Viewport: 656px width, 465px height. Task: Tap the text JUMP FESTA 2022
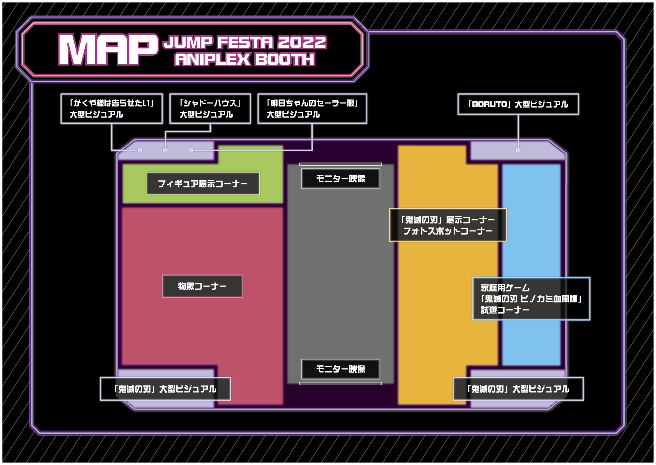coord(245,42)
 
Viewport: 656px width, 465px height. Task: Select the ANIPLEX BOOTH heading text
coord(245,60)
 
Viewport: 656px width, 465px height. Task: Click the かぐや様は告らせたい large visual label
coord(112,108)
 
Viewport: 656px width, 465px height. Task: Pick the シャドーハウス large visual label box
coord(210,108)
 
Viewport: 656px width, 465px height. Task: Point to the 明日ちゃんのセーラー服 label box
coord(312,108)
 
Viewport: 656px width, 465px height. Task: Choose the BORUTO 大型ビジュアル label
coord(518,104)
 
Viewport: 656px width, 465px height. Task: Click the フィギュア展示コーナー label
coord(203,184)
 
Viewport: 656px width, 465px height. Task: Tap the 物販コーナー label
coord(202,286)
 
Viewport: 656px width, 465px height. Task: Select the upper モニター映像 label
coord(340,179)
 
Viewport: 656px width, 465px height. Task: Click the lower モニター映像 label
coord(340,369)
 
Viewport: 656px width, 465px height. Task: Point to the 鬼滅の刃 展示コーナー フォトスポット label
coord(448,225)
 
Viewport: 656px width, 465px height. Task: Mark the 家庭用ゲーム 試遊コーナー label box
coord(531,299)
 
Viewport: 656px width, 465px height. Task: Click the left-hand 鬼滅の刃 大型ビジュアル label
coord(165,389)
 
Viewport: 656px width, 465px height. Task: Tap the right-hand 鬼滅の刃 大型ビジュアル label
coord(518,389)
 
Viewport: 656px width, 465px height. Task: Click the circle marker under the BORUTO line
coord(518,150)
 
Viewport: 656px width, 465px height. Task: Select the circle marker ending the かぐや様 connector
coord(140,150)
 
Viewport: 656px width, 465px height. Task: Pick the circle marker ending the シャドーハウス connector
coord(166,150)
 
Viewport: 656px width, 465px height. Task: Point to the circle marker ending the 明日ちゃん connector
coord(191,150)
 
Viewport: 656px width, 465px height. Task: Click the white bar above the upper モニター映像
coord(340,164)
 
